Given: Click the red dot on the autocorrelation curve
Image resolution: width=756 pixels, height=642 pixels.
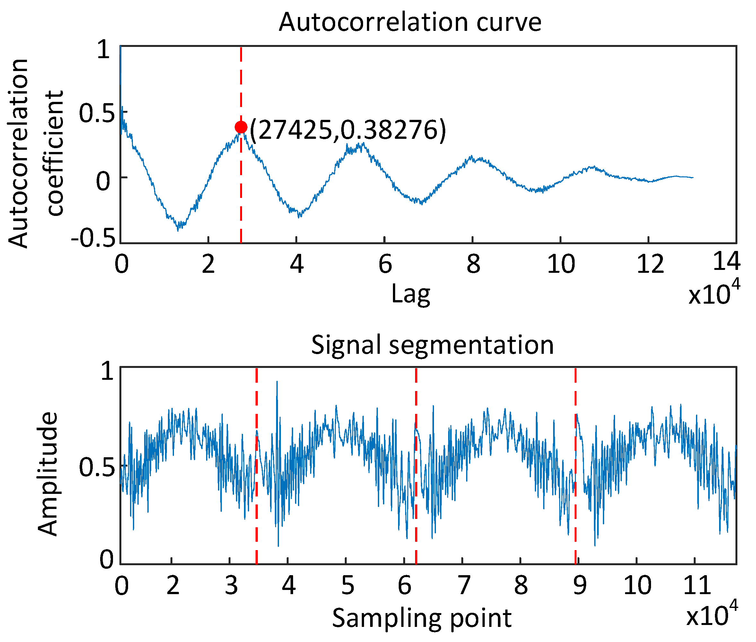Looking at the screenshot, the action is coord(241,127).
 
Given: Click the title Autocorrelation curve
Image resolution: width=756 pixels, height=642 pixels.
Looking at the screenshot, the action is coord(410,22).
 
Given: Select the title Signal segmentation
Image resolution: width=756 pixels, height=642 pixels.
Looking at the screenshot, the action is coord(432,345).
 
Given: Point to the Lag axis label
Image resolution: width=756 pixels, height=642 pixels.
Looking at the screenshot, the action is coord(411,294).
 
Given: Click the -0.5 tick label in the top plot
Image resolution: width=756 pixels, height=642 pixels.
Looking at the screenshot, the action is coord(93,239).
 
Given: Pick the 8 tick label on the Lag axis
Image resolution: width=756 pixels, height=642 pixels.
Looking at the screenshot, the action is coord(473,264).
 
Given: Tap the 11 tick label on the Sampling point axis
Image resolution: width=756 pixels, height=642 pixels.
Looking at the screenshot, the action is coord(697,586).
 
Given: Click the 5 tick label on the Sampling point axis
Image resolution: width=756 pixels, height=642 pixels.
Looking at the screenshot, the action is coord(347,586).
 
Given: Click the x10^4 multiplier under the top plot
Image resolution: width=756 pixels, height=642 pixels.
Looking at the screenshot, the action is coord(714,293).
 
